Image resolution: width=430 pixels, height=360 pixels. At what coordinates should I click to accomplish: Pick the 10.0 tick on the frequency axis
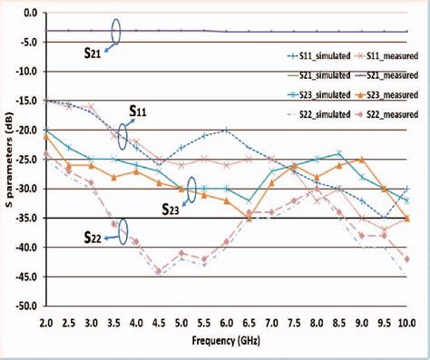point(405,322)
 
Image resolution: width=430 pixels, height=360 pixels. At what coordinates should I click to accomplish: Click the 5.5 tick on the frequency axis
point(202,322)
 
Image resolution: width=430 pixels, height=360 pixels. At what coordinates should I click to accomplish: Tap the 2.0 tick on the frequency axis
point(44,322)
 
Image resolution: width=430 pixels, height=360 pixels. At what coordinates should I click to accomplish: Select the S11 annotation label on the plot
point(138,112)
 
